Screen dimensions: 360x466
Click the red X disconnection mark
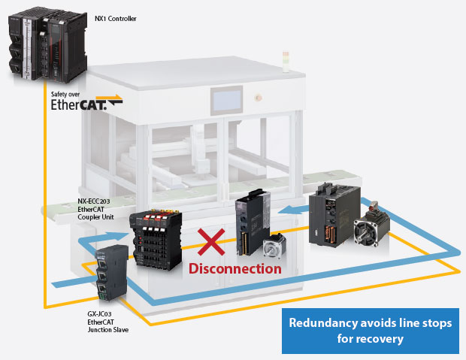[211, 244]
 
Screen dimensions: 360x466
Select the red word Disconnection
[235, 268]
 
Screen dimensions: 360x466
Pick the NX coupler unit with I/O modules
[156, 238]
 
